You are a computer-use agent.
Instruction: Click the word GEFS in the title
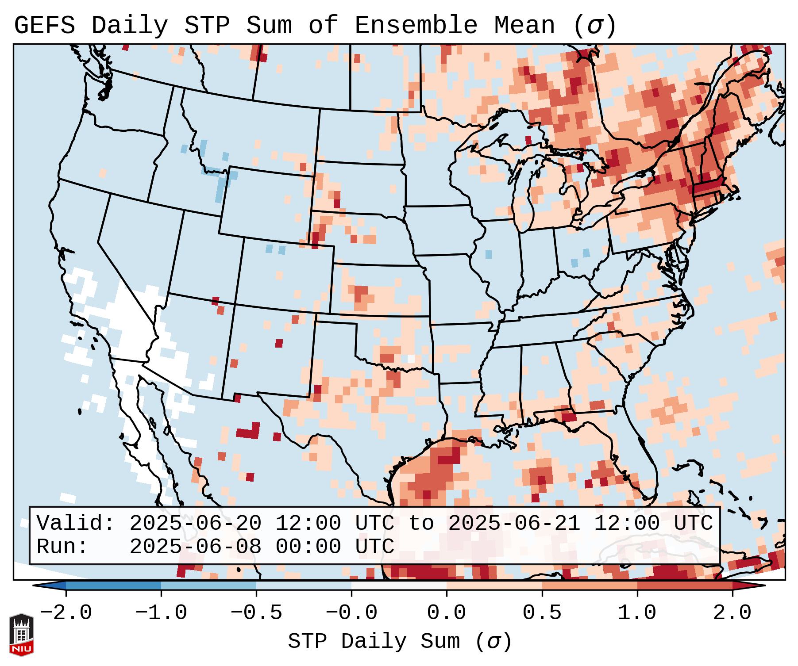[x=44, y=26]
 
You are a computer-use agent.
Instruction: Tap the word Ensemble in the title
[x=416, y=26]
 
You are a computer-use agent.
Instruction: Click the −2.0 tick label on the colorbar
[x=66, y=613]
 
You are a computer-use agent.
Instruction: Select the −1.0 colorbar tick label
[x=161, y=613]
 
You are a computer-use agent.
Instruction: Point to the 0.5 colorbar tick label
[x=542, y=613]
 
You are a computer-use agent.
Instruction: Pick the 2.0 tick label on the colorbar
[x=732, y=613]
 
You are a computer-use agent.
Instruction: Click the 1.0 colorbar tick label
[x=637, y=613]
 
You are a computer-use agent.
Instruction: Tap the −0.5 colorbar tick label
[x=256, y=613]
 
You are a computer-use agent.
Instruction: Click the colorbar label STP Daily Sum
[x=374, y=642]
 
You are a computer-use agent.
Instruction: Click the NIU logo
[x=21, y=635]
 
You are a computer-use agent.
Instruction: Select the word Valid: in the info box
[x=75, y=524]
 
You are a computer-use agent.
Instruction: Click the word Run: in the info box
[x=62, y=547]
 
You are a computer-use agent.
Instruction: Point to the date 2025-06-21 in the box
[x=514, y=524]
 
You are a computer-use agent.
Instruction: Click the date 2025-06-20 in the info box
[x=195, y=524]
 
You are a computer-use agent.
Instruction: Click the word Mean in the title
[x=524, y=26]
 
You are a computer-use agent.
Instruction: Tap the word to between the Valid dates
[x=421, y=524]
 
